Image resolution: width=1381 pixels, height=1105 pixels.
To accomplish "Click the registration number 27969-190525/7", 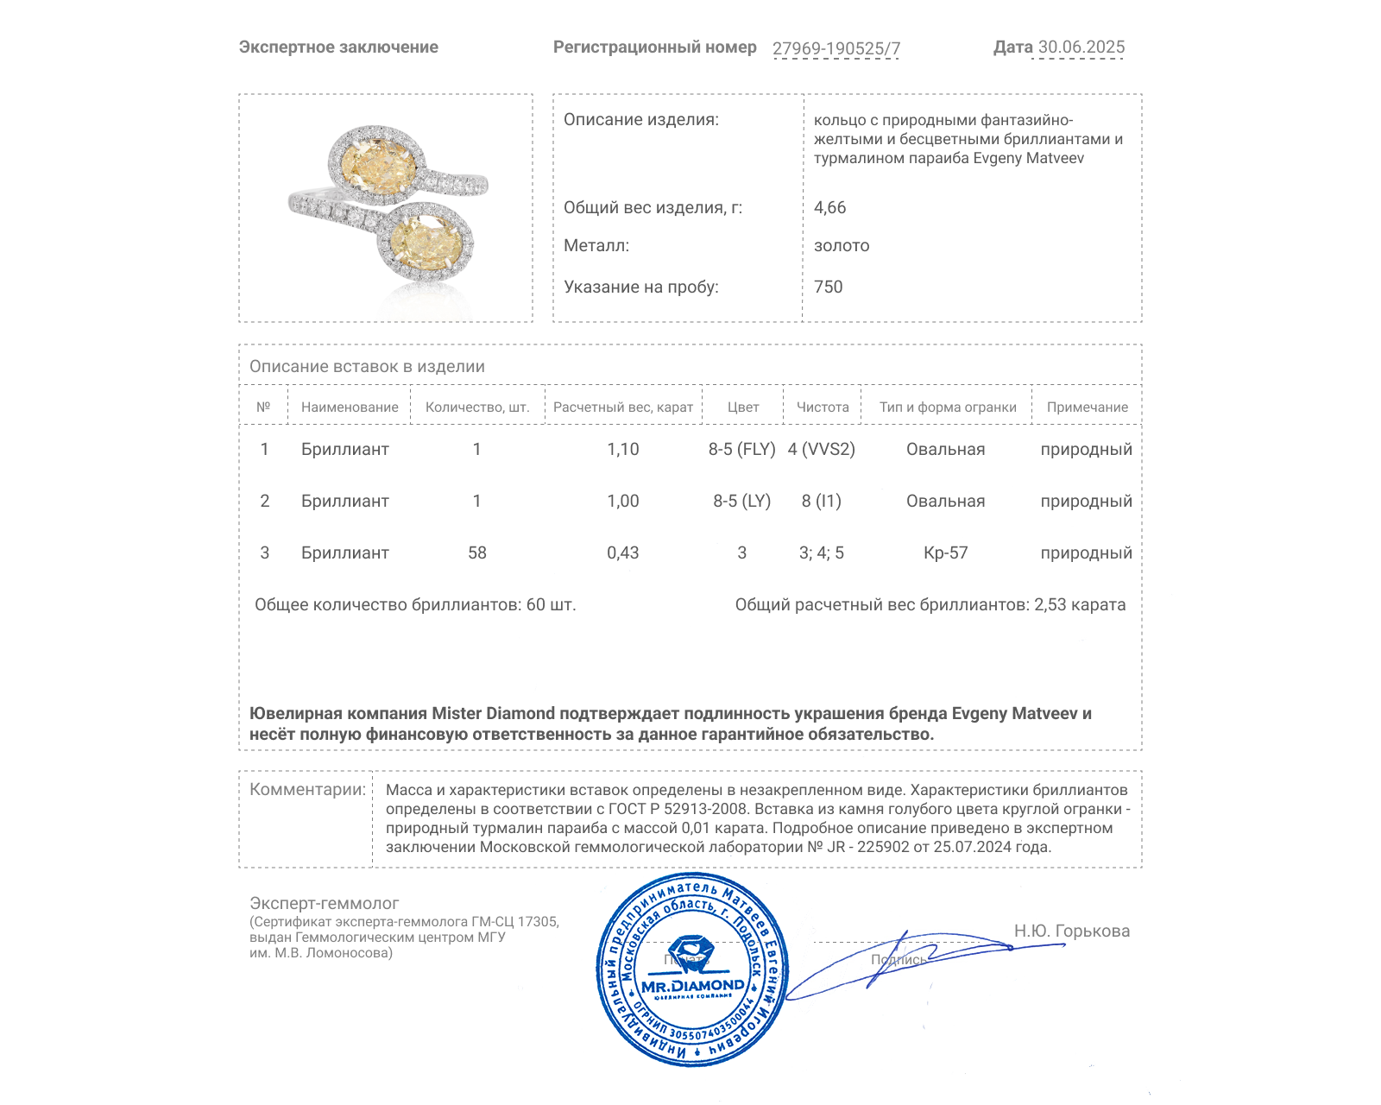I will coord(836,48).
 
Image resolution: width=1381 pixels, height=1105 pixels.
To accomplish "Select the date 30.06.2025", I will coord(1081,47).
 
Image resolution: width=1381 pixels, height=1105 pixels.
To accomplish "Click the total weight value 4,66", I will coord(829,207).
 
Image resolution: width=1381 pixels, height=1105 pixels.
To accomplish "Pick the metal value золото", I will coord(842,245).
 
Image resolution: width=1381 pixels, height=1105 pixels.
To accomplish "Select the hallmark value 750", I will coord(828,287).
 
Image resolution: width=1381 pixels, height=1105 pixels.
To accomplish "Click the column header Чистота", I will coord(823,407).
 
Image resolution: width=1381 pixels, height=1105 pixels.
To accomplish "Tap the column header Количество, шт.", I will coord(477,407).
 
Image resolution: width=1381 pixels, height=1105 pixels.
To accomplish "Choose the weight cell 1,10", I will coord(622,449).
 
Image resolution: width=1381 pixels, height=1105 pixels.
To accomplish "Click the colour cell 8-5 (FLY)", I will coord(741,449).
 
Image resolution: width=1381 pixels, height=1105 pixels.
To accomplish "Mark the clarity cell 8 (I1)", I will coord(821,501).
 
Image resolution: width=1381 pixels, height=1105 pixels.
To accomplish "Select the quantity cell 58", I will coord(477,552).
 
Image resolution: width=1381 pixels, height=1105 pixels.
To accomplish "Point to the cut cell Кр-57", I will coord(945,552).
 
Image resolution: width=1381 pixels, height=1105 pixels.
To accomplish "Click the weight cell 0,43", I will coord(622,552).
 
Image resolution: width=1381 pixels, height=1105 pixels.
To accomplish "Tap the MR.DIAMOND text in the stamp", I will coord(692,986).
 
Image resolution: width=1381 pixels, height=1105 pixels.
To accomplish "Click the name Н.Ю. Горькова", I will coord(1071,931).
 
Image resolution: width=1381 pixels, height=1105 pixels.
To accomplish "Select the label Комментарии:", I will coord(307,789).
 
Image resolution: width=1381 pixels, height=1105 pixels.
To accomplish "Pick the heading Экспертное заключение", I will coord(338,47).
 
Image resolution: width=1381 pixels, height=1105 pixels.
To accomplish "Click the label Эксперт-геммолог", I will coord(325,903).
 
